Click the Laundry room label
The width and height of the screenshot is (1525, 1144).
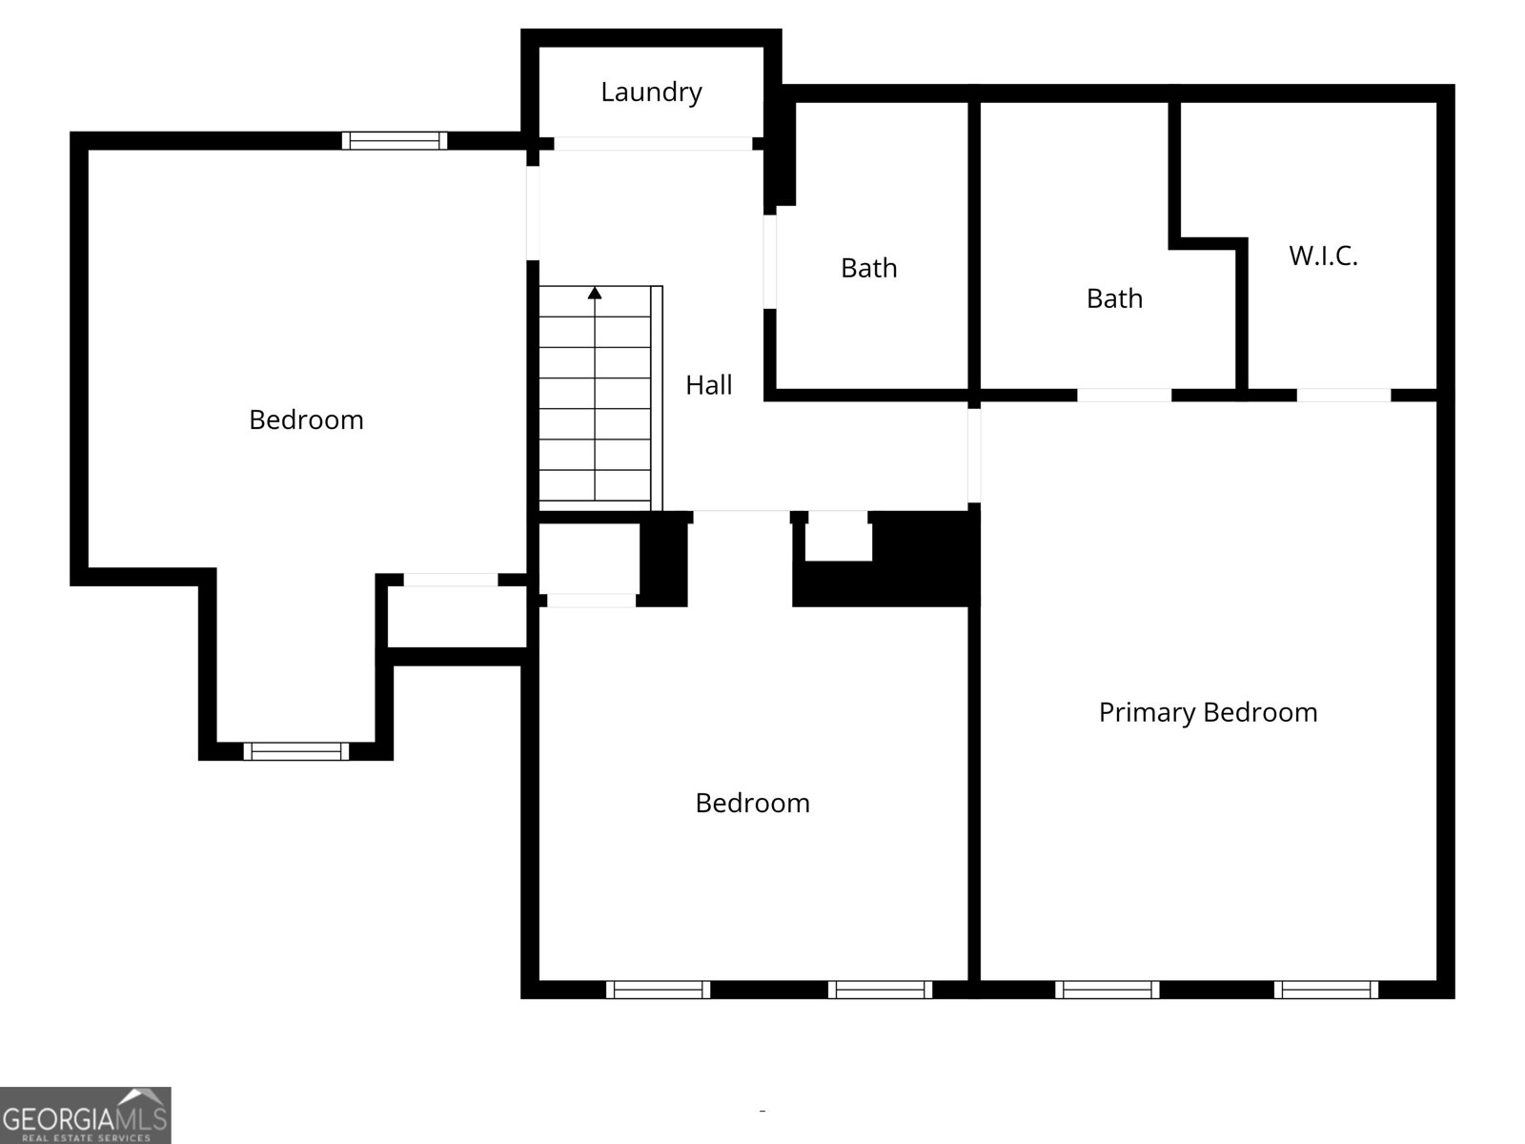coord(651,92)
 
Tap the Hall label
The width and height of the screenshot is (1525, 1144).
coord(709,385)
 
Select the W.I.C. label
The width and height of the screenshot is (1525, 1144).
coord(1323,256)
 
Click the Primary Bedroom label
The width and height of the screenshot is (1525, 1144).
coord(1208,713)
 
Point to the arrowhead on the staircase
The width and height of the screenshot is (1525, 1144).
coord(595,293)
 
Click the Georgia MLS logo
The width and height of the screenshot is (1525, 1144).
coord(85,1114)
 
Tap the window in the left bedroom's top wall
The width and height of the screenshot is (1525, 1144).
coord(395,141)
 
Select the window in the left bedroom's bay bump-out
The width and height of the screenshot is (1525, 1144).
coord(296,751)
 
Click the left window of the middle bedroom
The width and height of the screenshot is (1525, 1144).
coord(658,990)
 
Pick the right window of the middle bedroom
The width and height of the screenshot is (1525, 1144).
coord(880,990)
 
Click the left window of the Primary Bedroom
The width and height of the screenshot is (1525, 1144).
coord(1107,990)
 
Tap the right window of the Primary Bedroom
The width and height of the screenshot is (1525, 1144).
coord(1326,990)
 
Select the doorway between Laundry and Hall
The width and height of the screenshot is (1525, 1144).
coord(653,144)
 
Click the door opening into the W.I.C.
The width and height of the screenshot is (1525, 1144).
coord(1344,395)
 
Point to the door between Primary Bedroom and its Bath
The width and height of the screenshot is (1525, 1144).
coord(1125,395)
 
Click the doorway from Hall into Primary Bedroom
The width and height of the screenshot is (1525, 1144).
coord(974,455)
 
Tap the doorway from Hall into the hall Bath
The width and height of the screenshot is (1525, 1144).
coord(770,261)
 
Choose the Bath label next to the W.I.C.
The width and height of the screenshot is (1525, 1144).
coord(1114,299)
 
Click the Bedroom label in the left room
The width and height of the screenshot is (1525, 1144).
coord(306,420)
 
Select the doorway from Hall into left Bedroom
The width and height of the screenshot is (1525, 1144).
coord(533,213)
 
